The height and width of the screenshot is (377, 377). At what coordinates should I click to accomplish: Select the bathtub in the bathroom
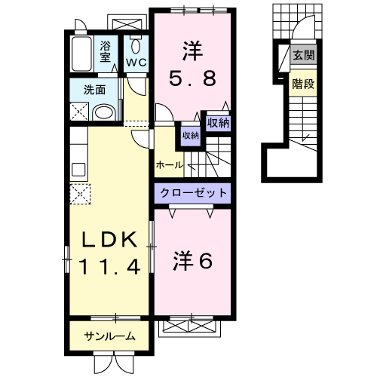(82, 53)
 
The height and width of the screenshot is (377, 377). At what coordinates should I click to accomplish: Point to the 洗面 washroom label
(94, 89)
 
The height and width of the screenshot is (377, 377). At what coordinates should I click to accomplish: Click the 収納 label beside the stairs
(218, 122)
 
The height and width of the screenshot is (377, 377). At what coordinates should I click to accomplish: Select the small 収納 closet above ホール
(190, 135)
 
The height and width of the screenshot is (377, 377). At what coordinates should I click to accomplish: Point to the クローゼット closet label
(192, 193)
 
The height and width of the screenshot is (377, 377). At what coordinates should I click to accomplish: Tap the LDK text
(111, 241)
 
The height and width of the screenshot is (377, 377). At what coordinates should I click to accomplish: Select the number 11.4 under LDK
(112, 266)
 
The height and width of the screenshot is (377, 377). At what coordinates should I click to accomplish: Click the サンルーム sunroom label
(110, 336)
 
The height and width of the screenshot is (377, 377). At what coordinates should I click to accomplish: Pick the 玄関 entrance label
(304, 55)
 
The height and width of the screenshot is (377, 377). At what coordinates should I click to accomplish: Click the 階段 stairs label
(304, 84)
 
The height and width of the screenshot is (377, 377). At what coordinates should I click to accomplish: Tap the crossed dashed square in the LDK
(80, 194)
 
